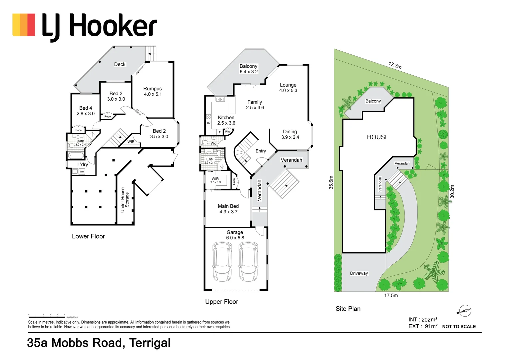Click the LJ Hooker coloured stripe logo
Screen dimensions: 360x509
point(24,25)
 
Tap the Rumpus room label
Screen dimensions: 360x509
point(153,91)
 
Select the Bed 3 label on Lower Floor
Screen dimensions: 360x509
point(116,96)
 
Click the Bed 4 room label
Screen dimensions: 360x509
point(86,111)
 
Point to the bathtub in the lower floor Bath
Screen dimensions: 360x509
point(76,156)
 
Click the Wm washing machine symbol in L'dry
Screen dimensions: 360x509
point(82,171)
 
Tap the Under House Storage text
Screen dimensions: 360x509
point(125,200)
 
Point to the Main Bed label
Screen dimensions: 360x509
point(228,209)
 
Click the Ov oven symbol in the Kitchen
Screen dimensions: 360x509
point(209,123)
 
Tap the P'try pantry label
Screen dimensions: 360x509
point(228,132)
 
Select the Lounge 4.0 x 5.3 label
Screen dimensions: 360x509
point(288,88)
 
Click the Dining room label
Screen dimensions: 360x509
point(290,134)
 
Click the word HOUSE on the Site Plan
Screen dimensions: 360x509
point(378,137)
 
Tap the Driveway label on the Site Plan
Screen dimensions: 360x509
point(359,273)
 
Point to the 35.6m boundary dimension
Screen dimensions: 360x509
point(331,182)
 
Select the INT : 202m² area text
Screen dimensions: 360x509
point(423,320)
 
